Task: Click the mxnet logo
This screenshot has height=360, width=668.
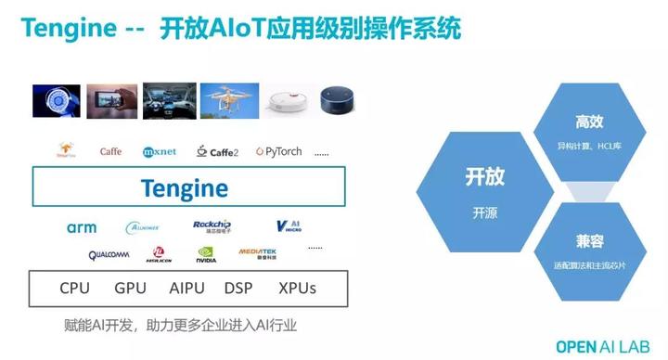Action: click(x=160, y=151)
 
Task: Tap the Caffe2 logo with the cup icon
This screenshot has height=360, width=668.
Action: click(x=218, y=151)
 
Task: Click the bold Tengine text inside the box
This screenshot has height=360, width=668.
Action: click(x=184, y=188)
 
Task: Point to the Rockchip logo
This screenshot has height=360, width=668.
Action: click(x=212, y=226)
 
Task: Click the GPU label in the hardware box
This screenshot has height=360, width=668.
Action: click(x=131, y=289)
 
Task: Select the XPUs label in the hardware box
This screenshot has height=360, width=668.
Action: click(x=297, y=289)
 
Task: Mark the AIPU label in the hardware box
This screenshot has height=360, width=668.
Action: click(x=186, y=289)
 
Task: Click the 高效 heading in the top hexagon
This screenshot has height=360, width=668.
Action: click(x=589, y=122)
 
